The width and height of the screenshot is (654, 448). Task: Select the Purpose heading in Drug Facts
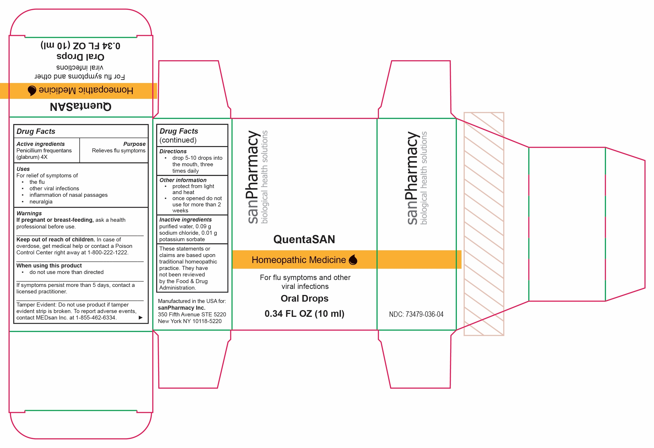[x=134, y=144]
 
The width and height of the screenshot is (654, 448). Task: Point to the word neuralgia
[x=41, y=202]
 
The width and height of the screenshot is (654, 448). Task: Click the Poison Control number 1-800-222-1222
[x=108, y=253]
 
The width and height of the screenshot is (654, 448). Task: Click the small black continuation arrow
[x=141, y=317]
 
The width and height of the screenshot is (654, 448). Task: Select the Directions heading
[x=173, y=151]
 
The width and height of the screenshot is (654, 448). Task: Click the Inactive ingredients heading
[x=186, y=220]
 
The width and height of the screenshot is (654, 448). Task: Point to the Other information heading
[x=183, y=180]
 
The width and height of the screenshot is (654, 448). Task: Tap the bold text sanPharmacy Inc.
[x=182, y=308]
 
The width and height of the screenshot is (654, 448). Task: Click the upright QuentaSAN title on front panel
[x=304, y=239]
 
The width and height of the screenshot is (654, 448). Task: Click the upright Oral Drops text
[x=305, y=298]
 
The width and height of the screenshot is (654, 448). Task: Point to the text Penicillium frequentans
[x=44, y=150]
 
